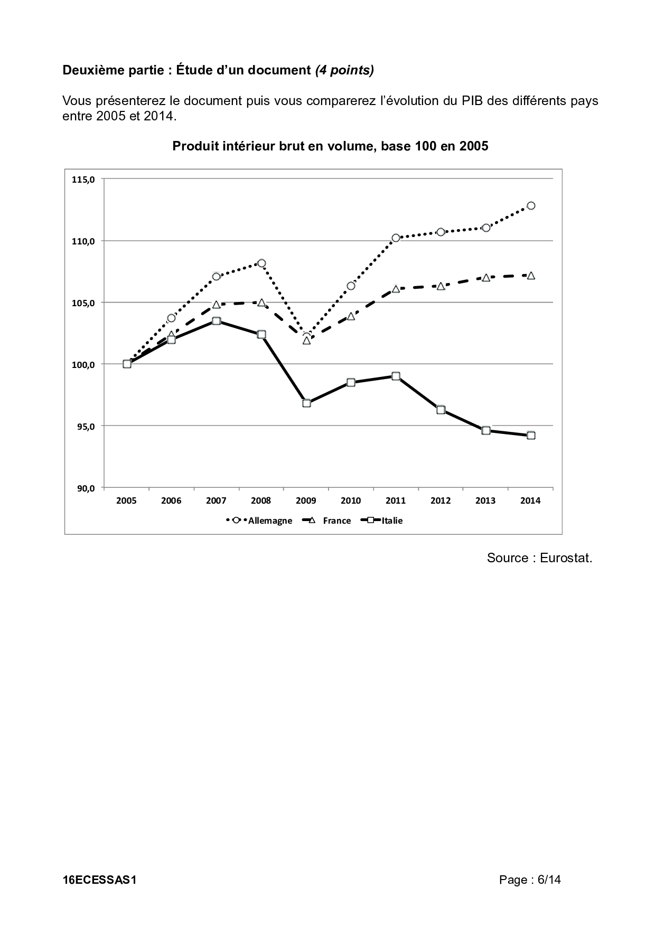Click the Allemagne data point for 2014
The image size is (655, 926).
point(531,205)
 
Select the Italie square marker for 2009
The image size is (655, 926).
point(306,403)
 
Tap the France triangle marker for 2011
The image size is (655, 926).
point(396,289)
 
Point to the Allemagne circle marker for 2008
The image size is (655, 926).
point(261,263)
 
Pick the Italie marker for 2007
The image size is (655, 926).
point(216,321)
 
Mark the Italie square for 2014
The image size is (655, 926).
point(531,436)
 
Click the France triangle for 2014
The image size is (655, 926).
point(531,276)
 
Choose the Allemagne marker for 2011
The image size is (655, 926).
point(396,238)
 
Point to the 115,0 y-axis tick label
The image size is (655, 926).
point(83,179)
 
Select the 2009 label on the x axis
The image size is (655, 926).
point(306,501)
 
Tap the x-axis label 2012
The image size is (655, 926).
point(441,501)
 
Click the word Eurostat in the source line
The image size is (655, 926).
point(566,558)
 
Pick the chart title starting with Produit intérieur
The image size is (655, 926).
point(330,146)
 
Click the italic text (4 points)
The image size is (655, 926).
point(344,70)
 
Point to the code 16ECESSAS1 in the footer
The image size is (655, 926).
point(100,880)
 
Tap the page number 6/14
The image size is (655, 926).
point(549,880)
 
